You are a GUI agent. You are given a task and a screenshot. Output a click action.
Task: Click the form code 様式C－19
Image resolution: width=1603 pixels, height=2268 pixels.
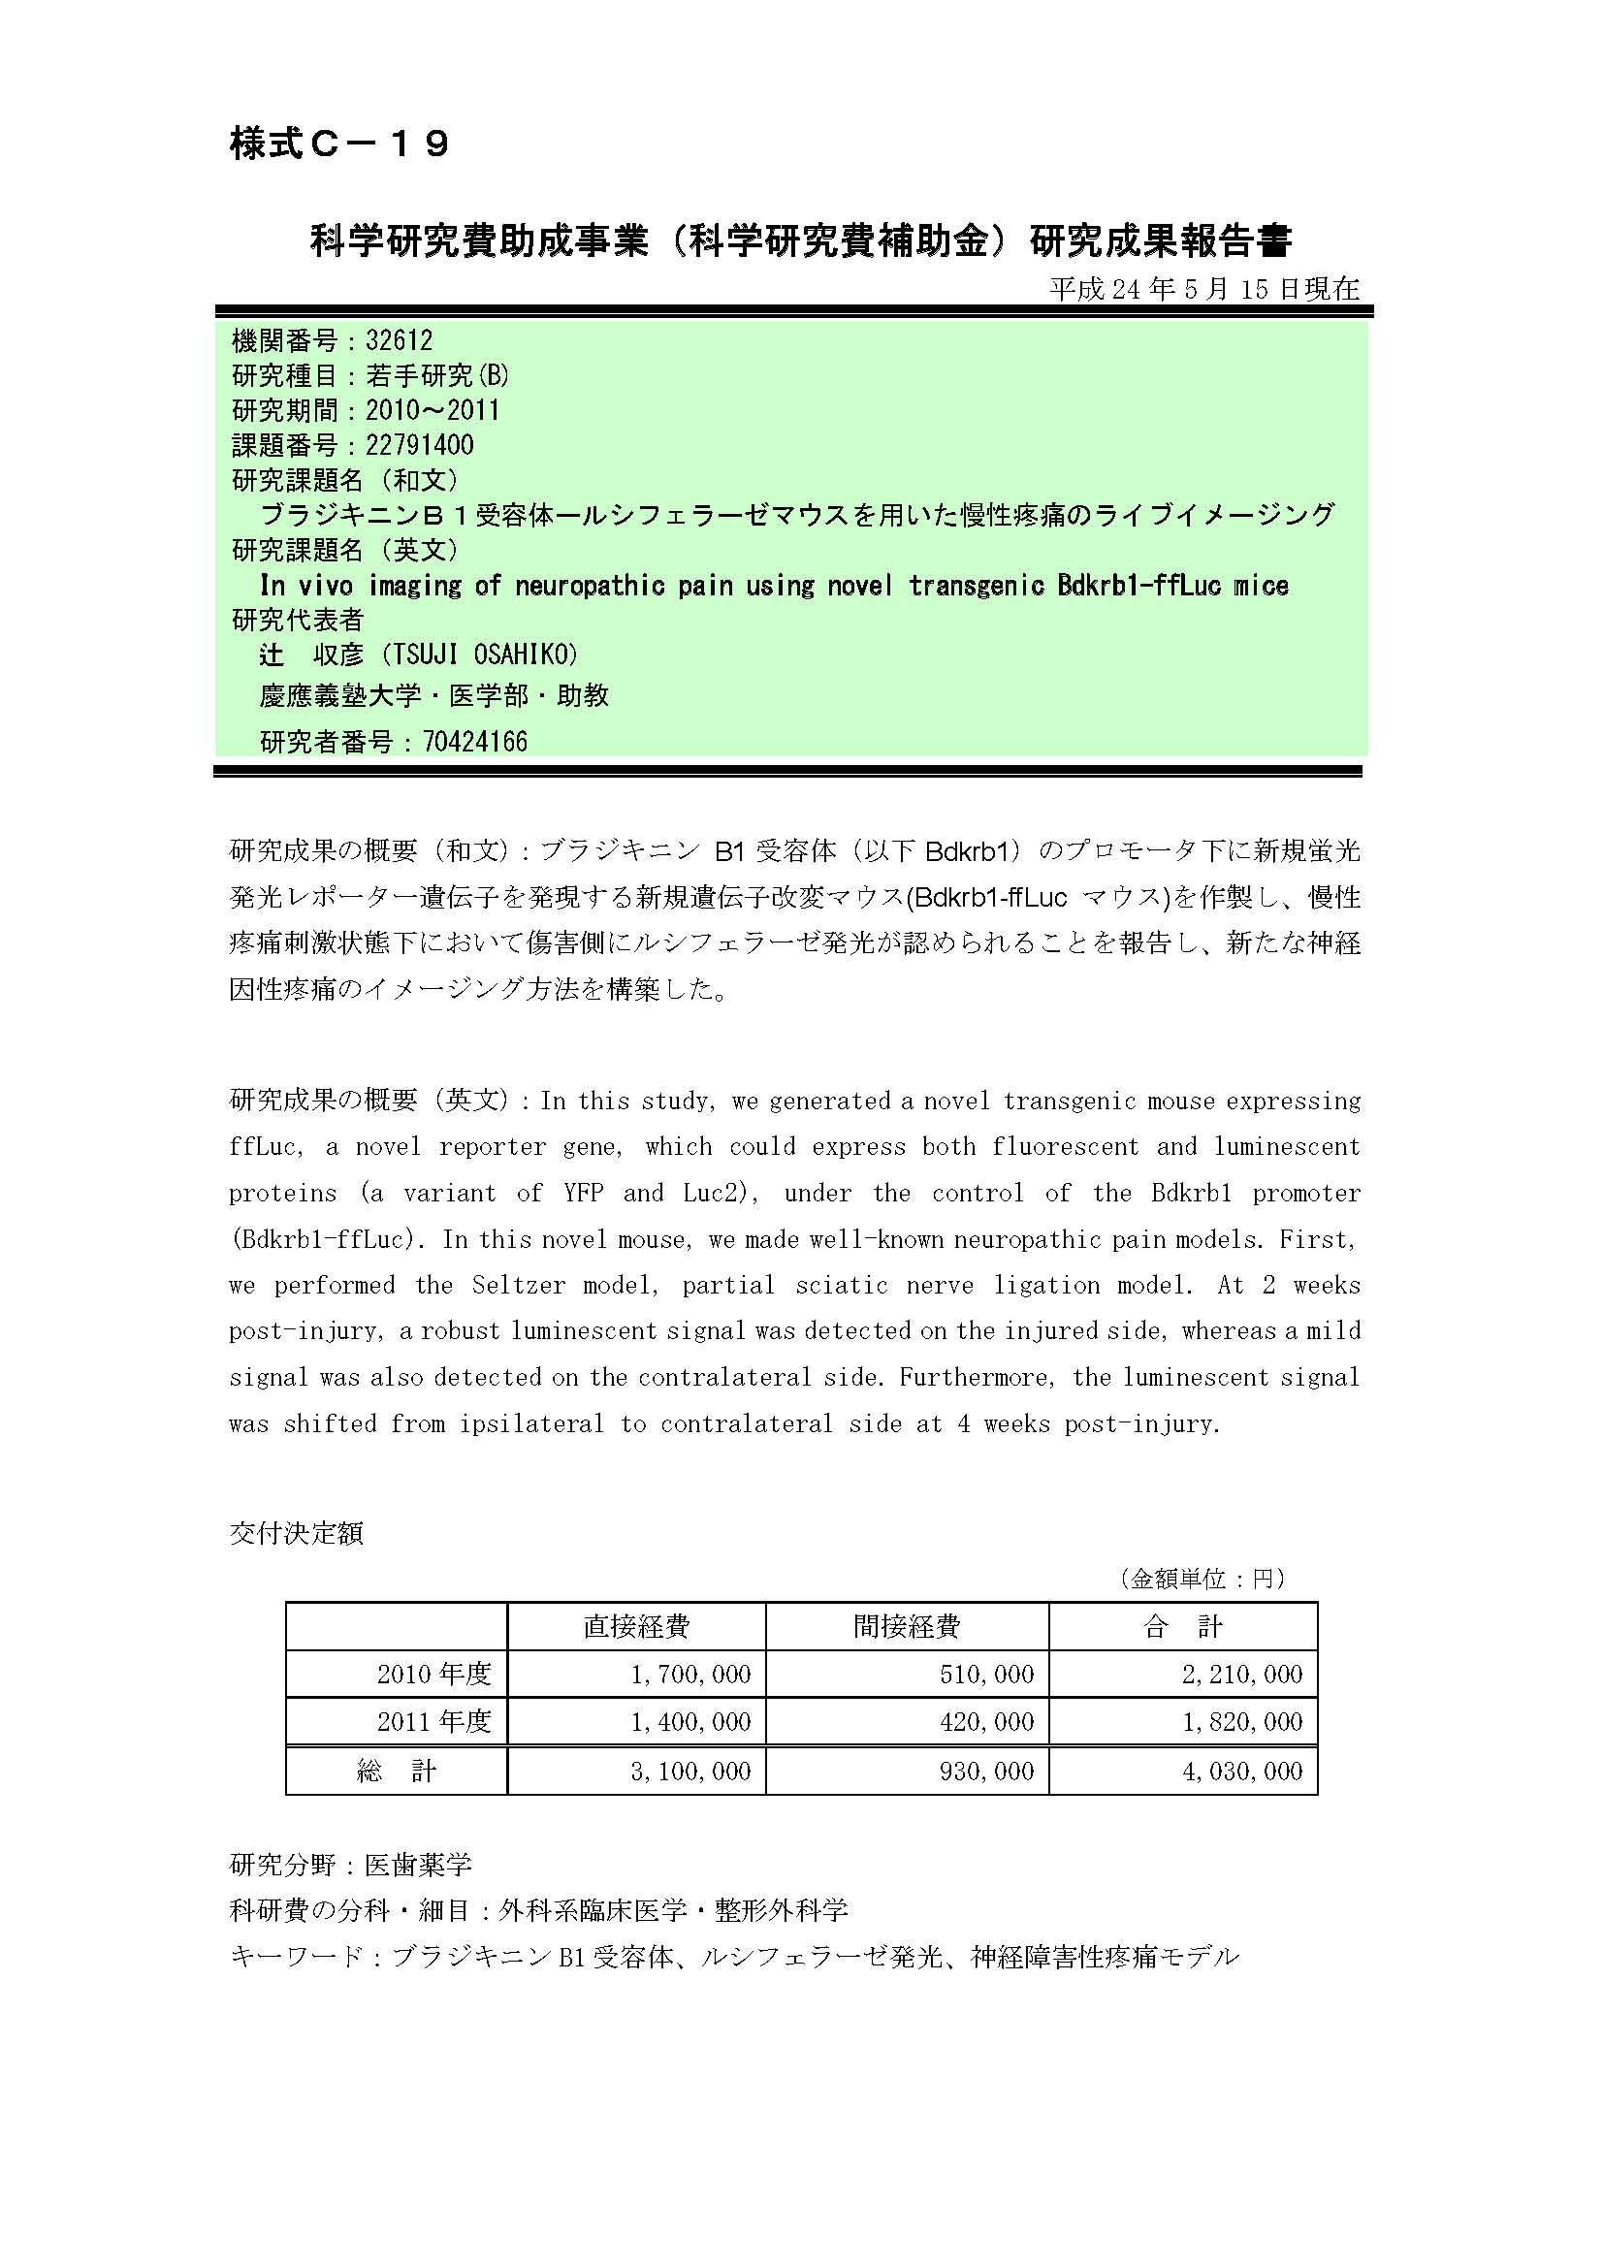(339, 144)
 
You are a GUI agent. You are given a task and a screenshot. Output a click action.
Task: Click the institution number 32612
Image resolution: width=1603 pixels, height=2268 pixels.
(399, 340)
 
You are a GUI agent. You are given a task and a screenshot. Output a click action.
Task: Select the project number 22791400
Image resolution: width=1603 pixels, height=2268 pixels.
(419, 445)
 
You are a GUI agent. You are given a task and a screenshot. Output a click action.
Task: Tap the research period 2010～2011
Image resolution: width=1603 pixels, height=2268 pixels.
(433, 410)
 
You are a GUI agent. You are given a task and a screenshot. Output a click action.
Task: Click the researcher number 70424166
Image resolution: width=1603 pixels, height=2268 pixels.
(475, 742)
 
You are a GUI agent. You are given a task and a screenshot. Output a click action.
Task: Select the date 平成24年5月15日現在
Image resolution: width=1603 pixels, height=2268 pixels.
(1204, 288)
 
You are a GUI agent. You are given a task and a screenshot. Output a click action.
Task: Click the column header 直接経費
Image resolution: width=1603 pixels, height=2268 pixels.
(636, 1627)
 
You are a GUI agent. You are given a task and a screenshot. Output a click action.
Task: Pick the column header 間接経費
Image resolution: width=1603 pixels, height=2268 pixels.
(907, 1627)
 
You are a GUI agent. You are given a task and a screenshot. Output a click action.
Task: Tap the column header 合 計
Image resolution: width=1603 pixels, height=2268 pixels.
(1182, 1627)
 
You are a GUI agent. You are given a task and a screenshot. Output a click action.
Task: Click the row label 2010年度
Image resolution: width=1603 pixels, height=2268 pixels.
(433, 1675)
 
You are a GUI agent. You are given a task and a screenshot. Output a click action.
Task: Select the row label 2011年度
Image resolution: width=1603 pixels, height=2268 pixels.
(433, 1722)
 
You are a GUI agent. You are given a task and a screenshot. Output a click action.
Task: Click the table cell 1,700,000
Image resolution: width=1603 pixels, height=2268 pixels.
(690, 1675)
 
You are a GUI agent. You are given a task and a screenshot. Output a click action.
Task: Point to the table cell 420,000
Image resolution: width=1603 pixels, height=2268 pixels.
(986, 1722)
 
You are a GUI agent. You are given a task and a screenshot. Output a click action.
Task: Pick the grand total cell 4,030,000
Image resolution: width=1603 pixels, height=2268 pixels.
(1242, 1772)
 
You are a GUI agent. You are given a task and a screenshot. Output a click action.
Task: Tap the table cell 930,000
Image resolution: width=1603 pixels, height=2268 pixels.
(986, 1772)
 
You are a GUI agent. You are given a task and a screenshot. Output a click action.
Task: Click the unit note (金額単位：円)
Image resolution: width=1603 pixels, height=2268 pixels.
(1203, 1579)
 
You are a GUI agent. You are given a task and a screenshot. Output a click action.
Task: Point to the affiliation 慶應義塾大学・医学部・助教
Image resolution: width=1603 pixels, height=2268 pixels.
(434, 696)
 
